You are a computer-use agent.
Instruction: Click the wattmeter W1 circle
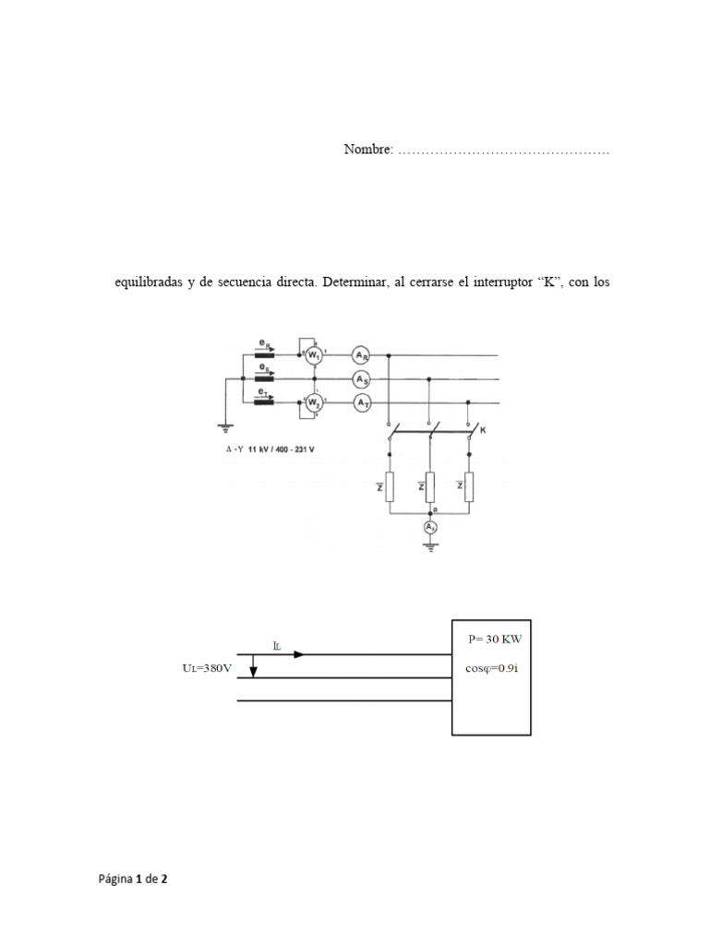(315, 354)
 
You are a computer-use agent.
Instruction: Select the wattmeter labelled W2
(315, 402)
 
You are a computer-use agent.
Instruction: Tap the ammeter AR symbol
(361, 354)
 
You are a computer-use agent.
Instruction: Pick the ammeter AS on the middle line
(361, 378)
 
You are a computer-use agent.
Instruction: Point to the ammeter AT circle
(361, 402)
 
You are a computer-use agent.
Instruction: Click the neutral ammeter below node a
(428, 527)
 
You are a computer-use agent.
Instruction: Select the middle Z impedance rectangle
(429, 486)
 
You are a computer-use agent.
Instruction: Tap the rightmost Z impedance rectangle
(469, 486)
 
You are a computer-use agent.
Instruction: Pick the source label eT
(266, 391)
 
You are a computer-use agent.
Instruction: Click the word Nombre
(368, 149)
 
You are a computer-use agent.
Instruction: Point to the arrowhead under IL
(297, 655)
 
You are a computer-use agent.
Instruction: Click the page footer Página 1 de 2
(134, 879)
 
